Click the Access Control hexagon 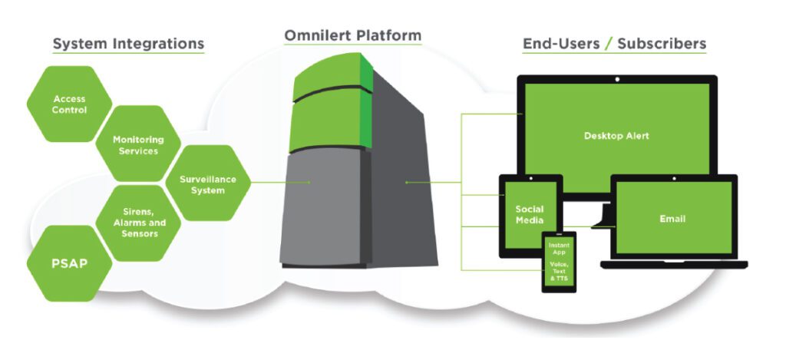point(69,104)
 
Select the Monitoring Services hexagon point(138,145)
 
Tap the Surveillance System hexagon point(208,184)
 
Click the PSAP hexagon point(68,263)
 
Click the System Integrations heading point(128,44)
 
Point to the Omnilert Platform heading point(352,35)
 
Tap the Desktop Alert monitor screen point(616,136)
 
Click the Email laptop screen point(672,219)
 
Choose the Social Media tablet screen point(529,215)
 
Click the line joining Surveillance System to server point(280,183)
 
